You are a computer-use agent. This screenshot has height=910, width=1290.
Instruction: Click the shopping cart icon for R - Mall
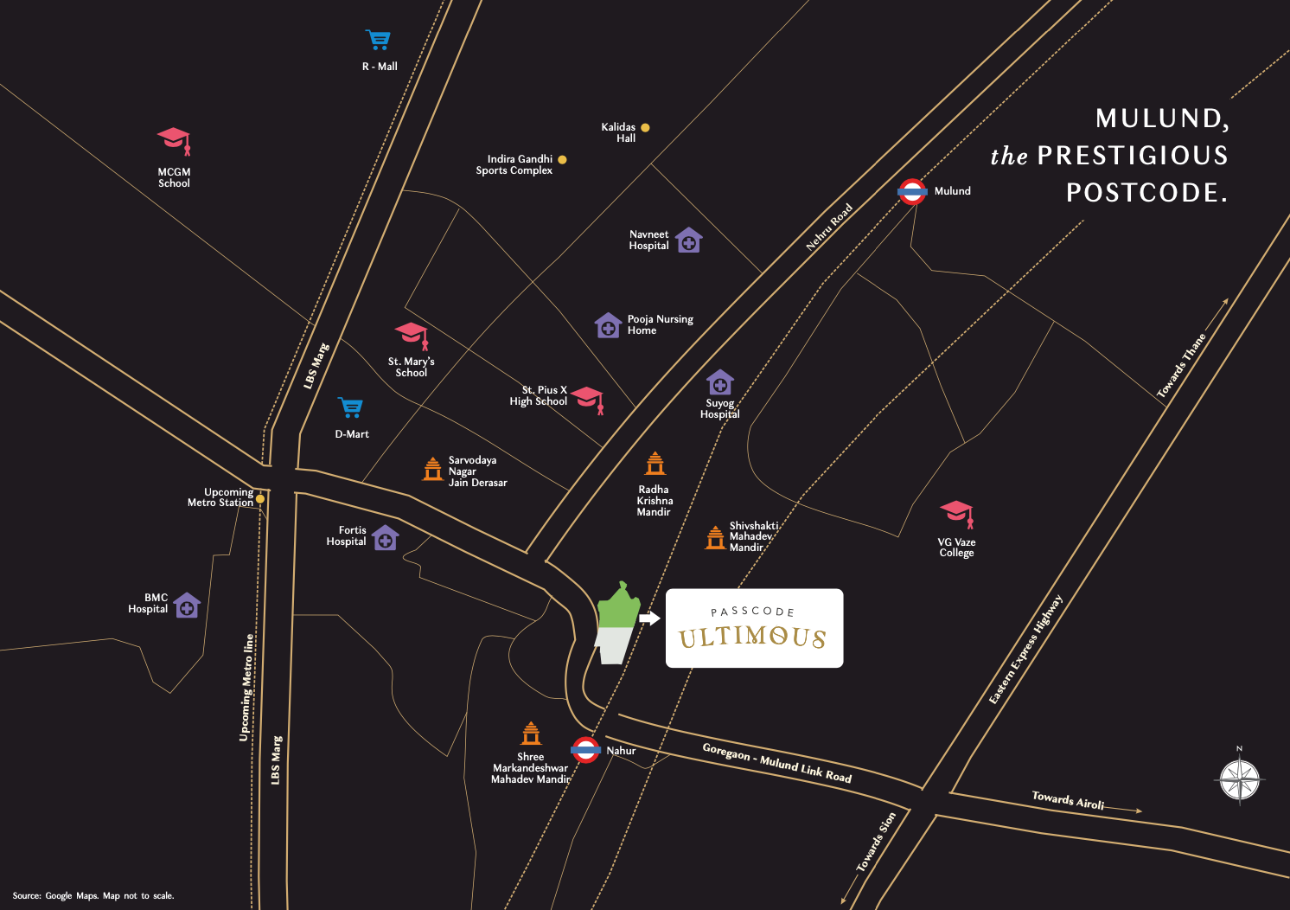[378, 40]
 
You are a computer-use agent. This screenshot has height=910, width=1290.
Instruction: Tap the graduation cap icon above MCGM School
[174, 139]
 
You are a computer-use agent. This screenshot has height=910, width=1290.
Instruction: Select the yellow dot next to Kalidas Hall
[645, 128]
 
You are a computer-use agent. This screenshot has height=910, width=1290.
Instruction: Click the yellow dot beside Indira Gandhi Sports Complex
[562, 159]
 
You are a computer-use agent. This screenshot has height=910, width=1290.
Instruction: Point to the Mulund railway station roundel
[912, 191]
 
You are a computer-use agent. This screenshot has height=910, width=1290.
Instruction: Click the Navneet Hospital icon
[688, 240]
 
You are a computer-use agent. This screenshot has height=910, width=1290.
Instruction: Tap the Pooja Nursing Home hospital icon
[608, 326]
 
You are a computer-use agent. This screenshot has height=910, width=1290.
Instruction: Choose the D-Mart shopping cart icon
[350, 407]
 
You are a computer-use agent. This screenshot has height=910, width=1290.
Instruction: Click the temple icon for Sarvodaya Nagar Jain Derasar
[433, 469]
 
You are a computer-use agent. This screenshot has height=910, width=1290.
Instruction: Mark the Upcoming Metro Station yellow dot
[260, 499]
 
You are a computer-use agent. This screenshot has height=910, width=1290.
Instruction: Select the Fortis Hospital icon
[385, 538]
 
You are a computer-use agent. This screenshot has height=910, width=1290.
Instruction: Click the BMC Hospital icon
[187, 606]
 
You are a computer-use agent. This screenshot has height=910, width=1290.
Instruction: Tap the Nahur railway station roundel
[585, 750]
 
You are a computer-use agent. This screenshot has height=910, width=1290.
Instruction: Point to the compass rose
[1240, 779]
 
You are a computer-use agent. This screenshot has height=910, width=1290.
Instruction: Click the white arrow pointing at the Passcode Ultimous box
[649, 618]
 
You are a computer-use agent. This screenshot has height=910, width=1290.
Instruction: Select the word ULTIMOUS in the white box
[752, 638]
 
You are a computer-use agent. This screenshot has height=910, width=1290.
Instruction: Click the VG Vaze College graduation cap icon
[956, 514]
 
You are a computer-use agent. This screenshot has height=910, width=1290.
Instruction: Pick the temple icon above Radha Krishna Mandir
[655, 465]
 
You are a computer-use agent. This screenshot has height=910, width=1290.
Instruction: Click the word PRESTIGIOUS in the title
[1133, 156]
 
